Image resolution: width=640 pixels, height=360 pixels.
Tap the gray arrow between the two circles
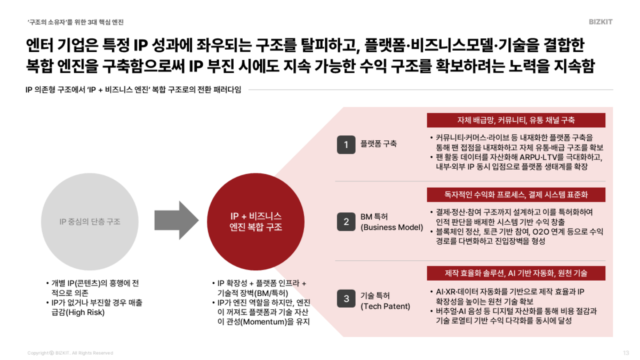click(175, 220)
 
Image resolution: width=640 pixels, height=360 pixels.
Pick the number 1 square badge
click(346, 145)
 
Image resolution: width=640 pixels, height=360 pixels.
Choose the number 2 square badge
click(346, 222)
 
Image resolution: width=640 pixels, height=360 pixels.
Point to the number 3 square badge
click(346, 299)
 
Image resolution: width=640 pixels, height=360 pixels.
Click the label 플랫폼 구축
click(379, 144)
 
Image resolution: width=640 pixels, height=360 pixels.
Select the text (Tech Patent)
click(386, 306)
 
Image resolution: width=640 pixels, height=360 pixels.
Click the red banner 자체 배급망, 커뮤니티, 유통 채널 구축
click(516, 120)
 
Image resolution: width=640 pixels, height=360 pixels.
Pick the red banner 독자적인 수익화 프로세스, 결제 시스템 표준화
click(516, 195)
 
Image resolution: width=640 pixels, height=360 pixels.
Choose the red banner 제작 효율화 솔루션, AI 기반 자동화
click(516, 273)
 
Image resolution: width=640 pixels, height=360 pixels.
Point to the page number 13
click(626, 353)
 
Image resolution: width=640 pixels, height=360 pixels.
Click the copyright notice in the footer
click(70, 353)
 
